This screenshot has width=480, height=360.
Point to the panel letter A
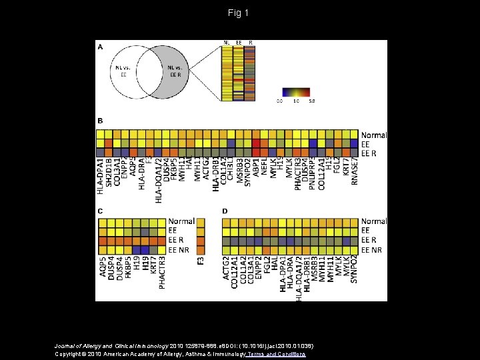click(101, 47)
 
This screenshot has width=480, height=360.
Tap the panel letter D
click(225, 211)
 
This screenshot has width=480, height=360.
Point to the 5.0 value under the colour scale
click(311, 101)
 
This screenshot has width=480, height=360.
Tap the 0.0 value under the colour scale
click(279, 101)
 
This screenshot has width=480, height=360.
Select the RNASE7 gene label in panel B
click(354, 174)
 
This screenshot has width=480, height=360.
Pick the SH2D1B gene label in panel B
click(109, 175)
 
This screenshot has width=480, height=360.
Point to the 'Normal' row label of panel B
click(373, 135)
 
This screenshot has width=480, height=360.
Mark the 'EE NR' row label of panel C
click(181, 249)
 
